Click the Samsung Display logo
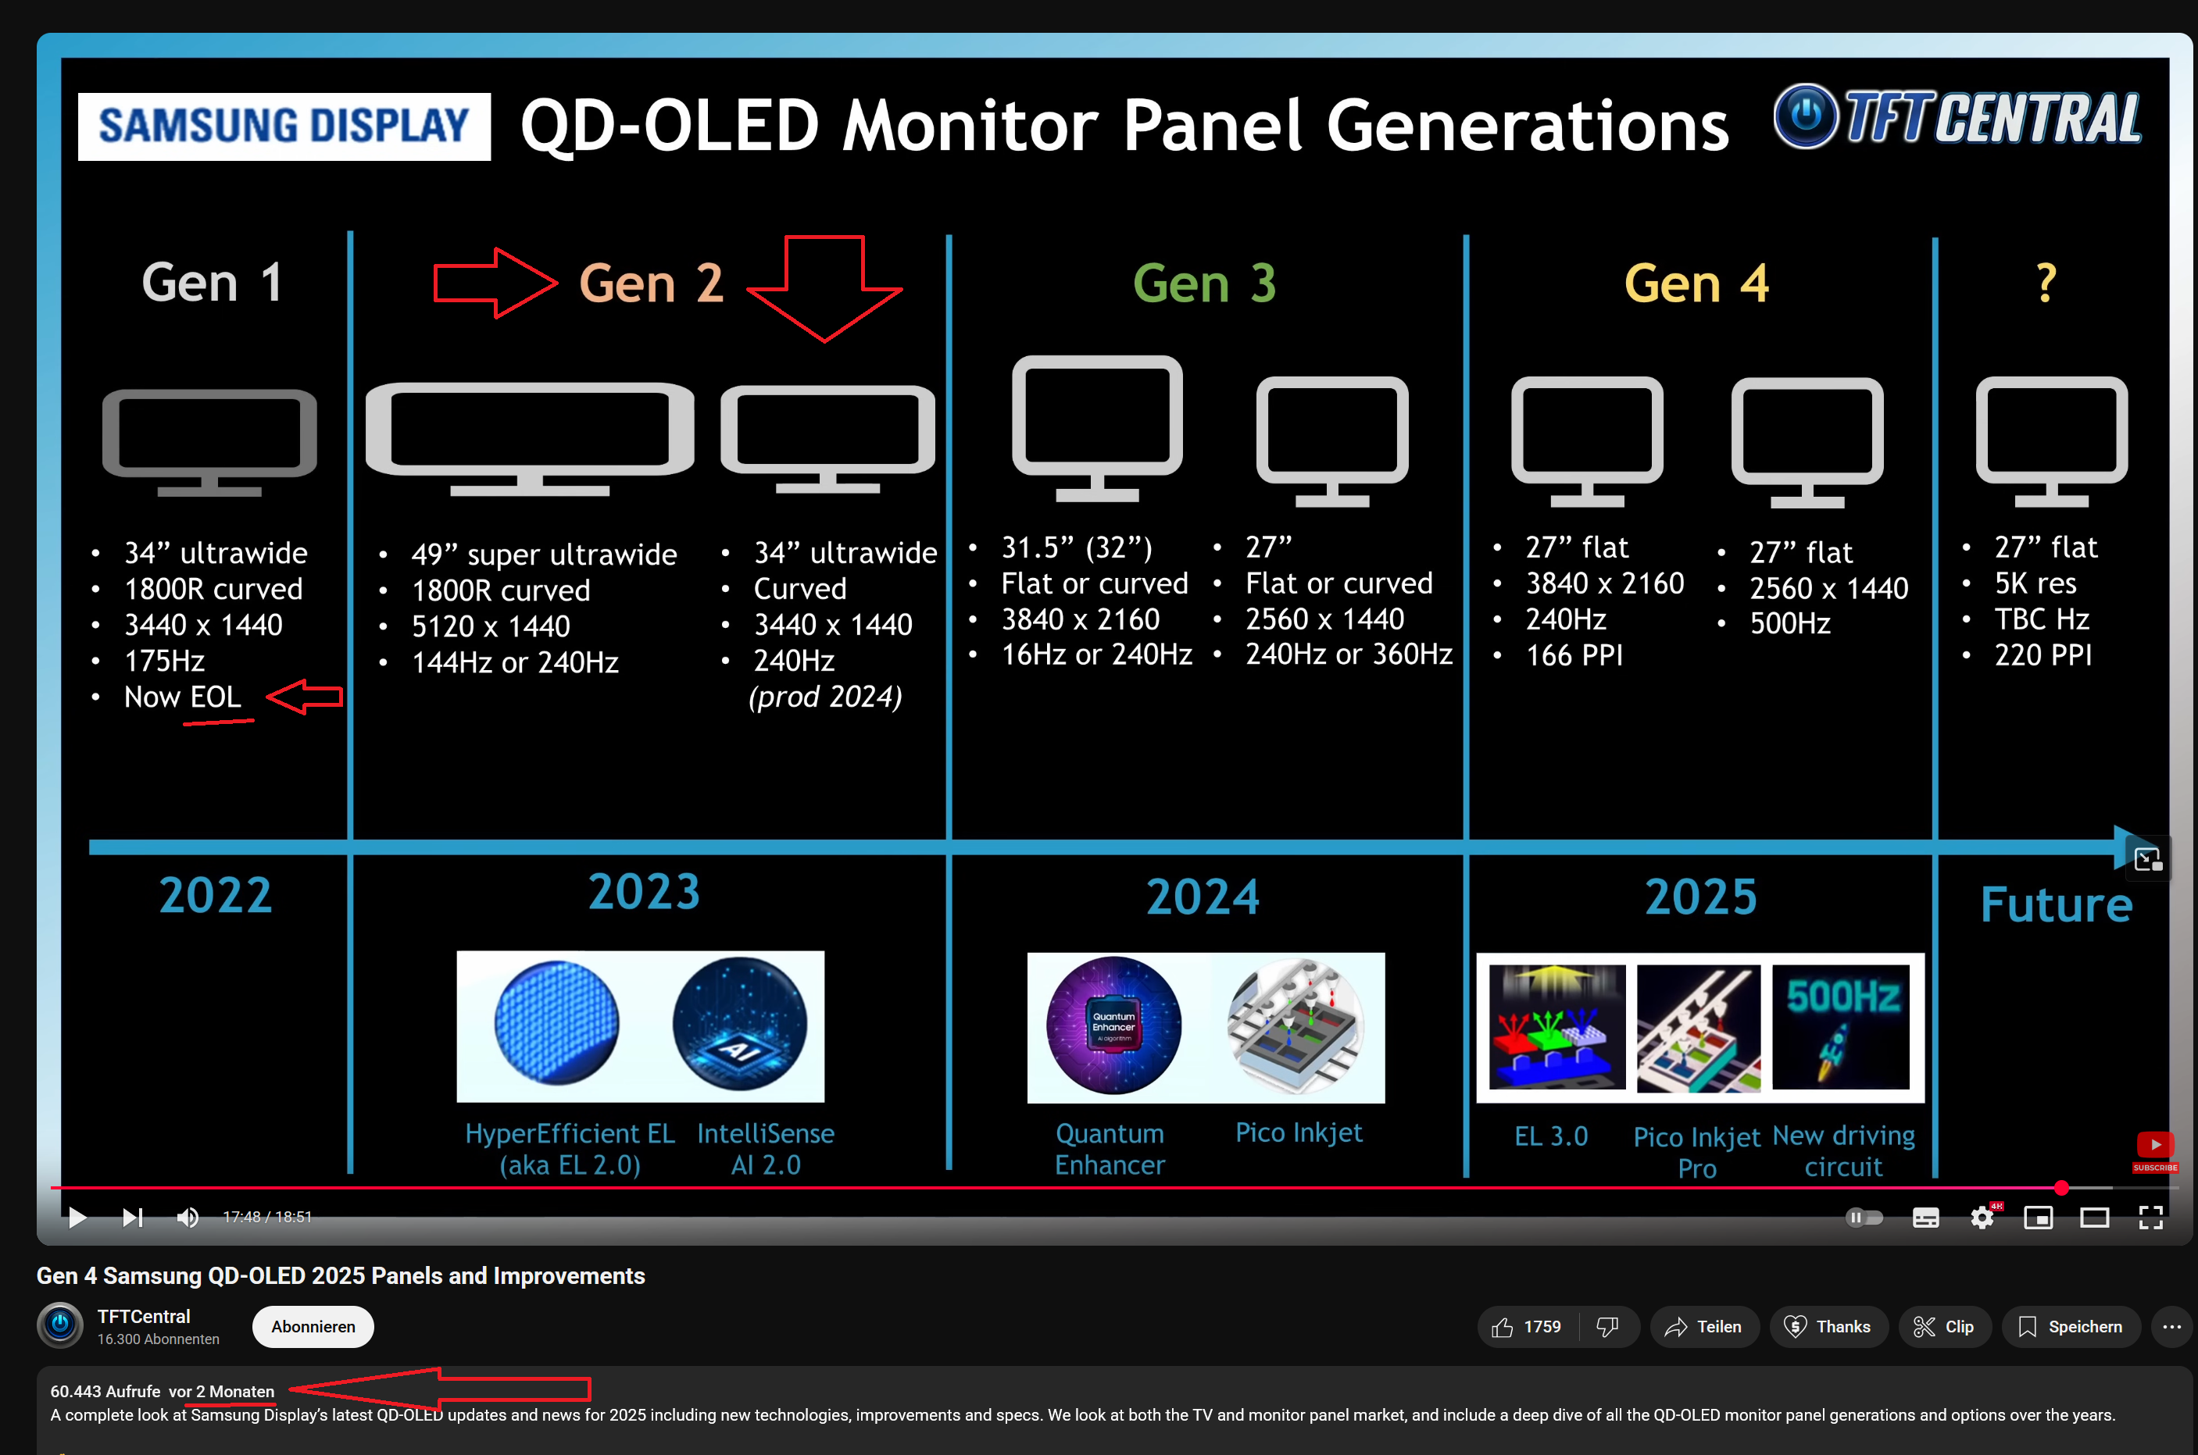[x=284, y=127]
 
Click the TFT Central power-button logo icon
[x=1806, y=116]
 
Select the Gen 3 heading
[x=1204, y=283]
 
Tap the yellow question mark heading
[x=2046, y=283]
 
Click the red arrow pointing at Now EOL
[x=305, y=696]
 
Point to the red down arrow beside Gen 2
[x=824, y=287]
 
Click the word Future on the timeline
[x=2056, y=904]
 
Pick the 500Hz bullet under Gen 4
[x=1789, y=623]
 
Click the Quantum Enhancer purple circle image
[x=1114, y=1025]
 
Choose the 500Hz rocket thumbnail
[x=1842, y=1026]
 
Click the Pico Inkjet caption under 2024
[x=1299, y=1133]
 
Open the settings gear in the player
[x=1982, y=1218]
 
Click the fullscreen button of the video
[x=2150, y=1218]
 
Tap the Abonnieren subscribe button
[x=313, y=1327]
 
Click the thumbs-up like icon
[x=1503, y=1328]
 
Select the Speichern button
[x=2071, y=1327]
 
